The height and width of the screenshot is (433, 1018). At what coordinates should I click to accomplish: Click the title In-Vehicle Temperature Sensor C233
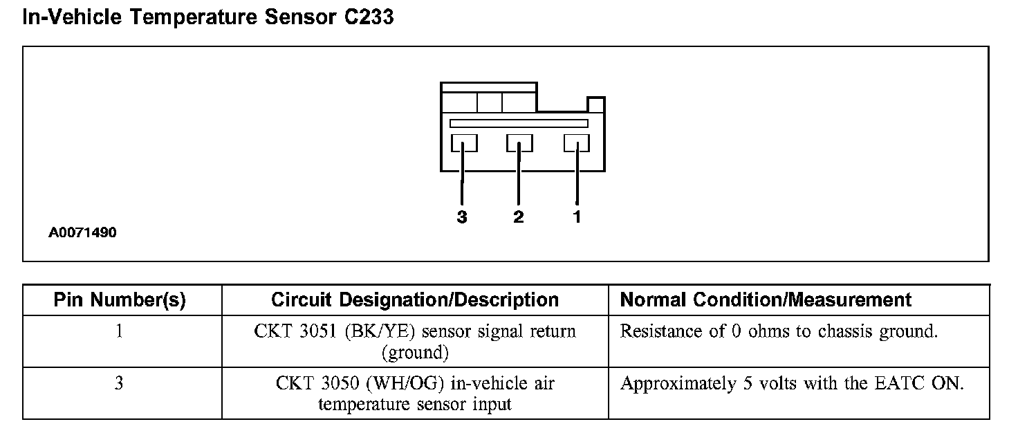click(x=208, y=17)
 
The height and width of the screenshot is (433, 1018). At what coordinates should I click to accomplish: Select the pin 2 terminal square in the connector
click(x=519, y=143)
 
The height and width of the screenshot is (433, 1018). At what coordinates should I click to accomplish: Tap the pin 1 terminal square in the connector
click(x=576, y=143)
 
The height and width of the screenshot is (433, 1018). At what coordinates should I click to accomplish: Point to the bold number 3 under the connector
click(x=462, y=217)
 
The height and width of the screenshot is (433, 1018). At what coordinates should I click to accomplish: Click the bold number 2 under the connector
click(x=519, y=217)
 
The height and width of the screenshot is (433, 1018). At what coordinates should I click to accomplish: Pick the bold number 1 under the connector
click(x=577, y=217)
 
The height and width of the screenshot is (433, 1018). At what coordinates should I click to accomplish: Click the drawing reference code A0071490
click(x=82, y=233)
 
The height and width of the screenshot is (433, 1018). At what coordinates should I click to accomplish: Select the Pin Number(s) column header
click(x=120, y=300)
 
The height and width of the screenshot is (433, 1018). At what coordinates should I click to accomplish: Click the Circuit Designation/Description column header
click(x=415, y=300)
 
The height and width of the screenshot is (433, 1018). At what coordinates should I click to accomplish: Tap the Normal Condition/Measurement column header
click(x=766, y=300)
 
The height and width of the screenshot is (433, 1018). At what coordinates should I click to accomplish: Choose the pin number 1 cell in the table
click(x=120, y=331)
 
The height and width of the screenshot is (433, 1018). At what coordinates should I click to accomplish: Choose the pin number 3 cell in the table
click(x=120, y=383)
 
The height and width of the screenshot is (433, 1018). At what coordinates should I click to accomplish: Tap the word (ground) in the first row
click(x=415, y=353)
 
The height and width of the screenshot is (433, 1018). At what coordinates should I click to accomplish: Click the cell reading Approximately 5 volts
click(x=792, y=383)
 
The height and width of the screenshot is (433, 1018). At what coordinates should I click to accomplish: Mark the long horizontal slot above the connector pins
click(x=519, y=123)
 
